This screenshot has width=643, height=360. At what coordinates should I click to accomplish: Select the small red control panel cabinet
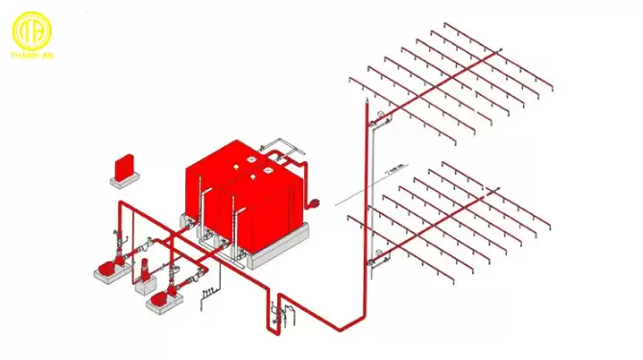pos(123,166)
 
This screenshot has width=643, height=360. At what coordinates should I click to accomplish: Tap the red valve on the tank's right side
pos(312,203)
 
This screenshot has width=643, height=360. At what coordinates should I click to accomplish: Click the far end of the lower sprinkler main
pos(498,189)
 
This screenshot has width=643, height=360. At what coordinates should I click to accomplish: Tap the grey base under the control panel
pos(126,180)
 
